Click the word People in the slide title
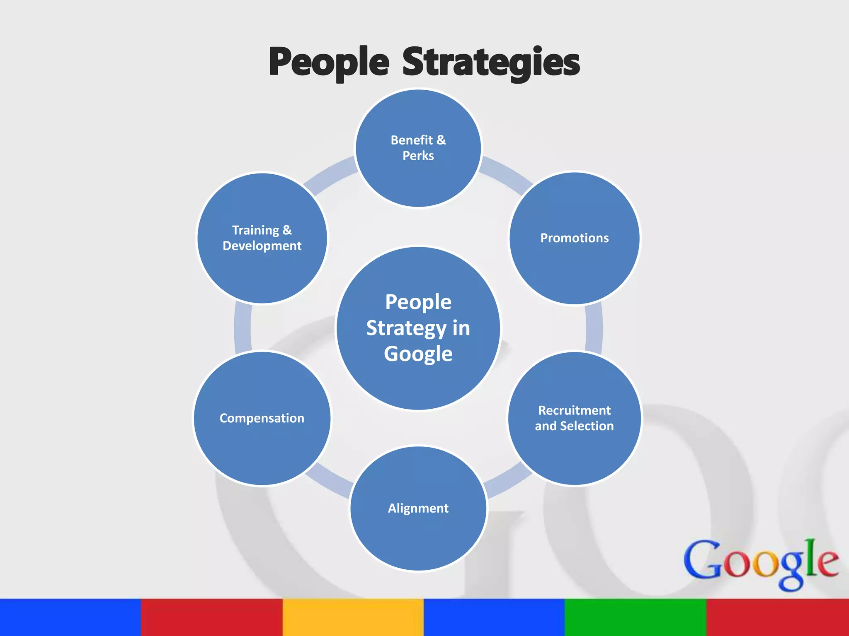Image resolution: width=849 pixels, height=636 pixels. [x=329, y=62]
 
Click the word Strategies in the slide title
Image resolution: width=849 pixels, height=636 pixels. [x=491, y=62]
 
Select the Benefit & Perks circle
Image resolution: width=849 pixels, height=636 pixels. [x=418, y=148]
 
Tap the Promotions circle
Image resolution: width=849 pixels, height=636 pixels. [x=575, y=238]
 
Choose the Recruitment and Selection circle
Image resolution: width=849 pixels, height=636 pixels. [x=575, y=418]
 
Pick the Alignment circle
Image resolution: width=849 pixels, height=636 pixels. [x=418, y=508]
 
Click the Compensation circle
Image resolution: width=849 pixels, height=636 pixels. [x=262, y=418]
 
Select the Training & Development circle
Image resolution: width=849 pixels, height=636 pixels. [x=262, y=238]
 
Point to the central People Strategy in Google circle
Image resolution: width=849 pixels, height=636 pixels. [x=418, y=328]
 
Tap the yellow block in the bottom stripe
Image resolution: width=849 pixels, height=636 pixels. [x=353, y=617]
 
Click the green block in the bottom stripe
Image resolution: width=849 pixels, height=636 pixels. [x=636, y=617]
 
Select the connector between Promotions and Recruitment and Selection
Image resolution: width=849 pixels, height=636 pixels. [x=594, y=328]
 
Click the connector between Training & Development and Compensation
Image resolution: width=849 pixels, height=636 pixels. [x=243, y=328]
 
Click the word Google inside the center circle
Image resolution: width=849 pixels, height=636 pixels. [x=418, y=354]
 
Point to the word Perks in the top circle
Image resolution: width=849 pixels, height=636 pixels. [x=418, y=156]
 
